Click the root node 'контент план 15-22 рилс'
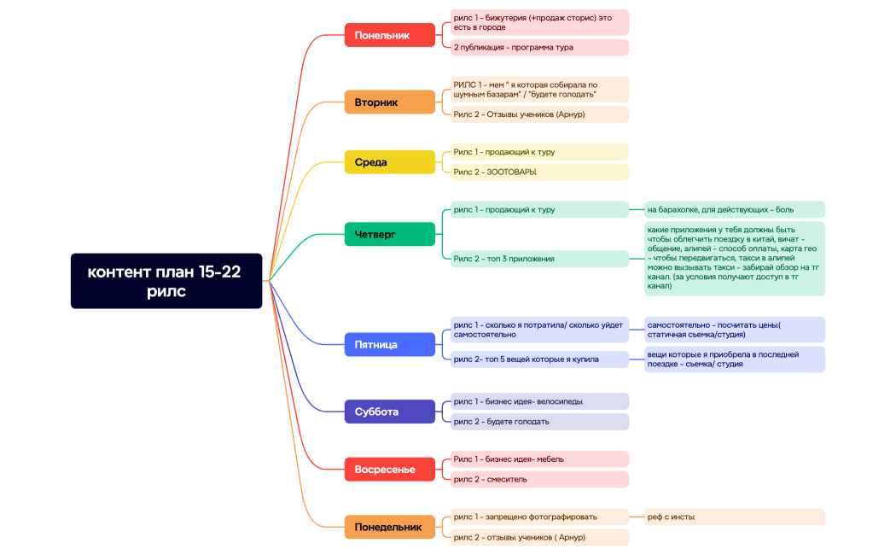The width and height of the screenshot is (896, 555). (x=166, y=281)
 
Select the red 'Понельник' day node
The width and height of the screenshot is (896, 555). (x=390, y=35)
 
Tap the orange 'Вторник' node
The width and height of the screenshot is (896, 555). (x=390, y=102)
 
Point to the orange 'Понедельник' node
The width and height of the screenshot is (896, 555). (x=390, y=527)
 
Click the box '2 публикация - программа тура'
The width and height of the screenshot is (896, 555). (x=539, y=48)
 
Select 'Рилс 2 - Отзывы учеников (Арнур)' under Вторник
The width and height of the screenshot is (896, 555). (x=539, y=114)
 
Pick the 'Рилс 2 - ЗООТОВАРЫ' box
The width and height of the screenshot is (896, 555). (x=539, y=172)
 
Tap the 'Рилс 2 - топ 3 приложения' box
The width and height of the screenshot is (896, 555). (x=539, y=259)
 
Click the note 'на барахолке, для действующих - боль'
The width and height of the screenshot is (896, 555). (x=734, y=209)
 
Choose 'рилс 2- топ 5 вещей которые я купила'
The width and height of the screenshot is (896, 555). (x=539, y=359)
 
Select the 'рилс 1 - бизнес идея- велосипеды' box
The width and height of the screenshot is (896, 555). (x=539, y=401)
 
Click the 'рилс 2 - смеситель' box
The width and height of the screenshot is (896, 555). (x=539, y=479)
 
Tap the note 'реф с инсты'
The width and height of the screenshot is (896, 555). (x=734, y=517)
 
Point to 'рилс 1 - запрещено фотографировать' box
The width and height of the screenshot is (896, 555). (x=539, y=517)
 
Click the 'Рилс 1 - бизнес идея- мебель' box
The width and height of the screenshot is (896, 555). (x=539, y=459)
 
